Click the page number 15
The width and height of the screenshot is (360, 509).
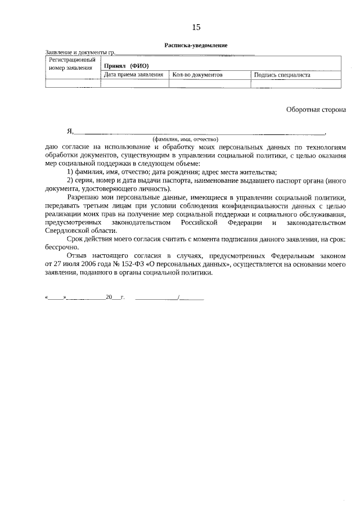pyautogui.click(x=196, y=27)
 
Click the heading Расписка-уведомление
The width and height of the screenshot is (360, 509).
pyautogui.click(x=196, y=45)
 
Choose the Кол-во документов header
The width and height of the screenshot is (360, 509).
pyautogui.click(x=197, y=75)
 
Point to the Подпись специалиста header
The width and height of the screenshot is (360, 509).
pyautogui.click(x=282, y=75)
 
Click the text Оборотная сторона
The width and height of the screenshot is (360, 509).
pyautogui.click(x=316, y=110)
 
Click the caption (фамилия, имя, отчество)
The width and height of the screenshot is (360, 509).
pyautogui.click(x=185, y=139)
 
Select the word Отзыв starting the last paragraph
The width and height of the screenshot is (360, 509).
pyautogui.click(x=78, y=256)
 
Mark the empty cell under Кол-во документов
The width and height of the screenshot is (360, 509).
pyautogui.click(x=209, y=84)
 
